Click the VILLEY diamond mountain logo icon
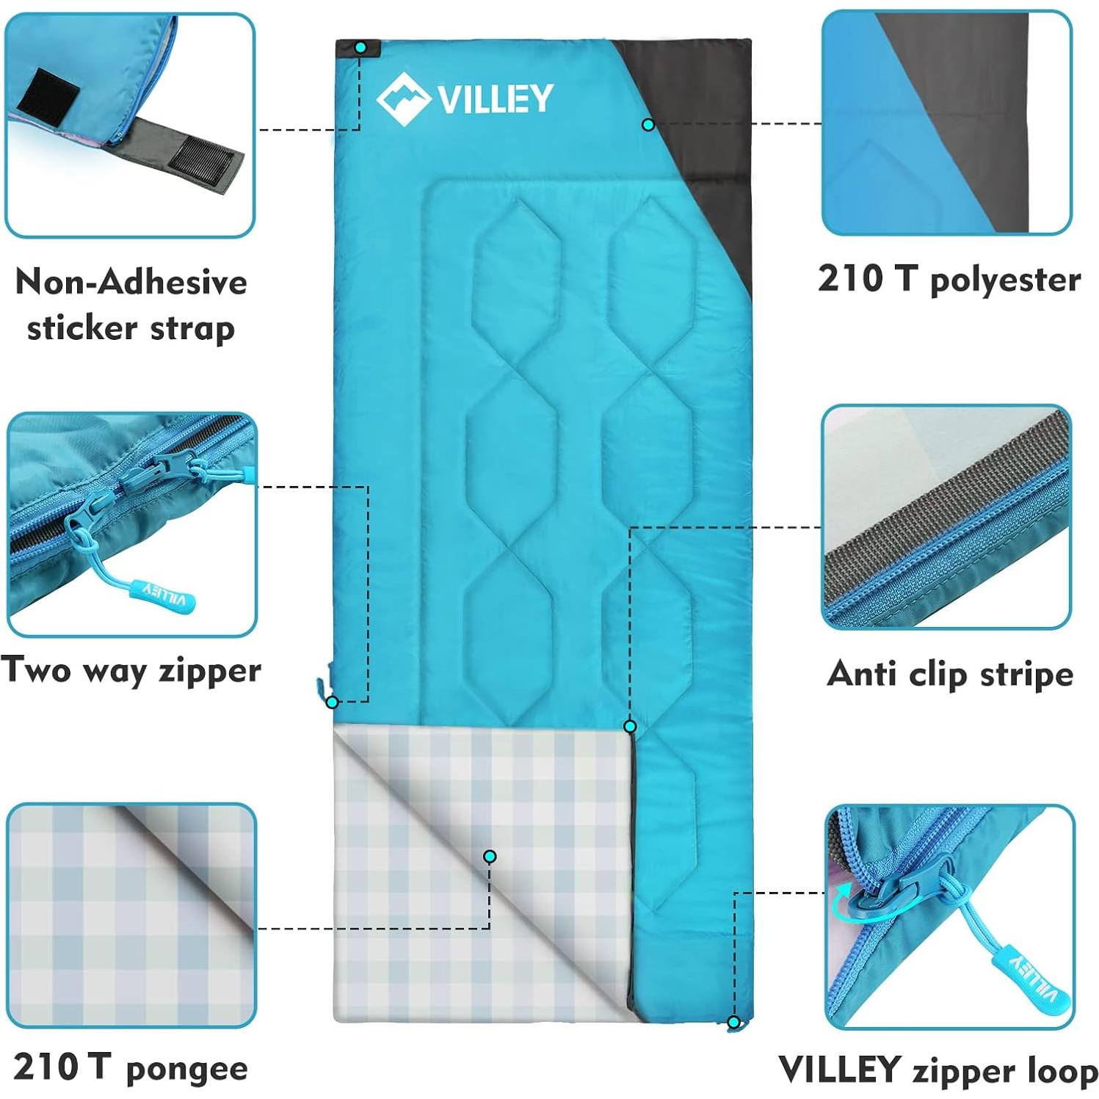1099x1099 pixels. [402, 99]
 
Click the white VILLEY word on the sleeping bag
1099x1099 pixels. [496, 99]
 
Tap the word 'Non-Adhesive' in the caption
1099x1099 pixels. [131, 283]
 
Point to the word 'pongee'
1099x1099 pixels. [187, 1070]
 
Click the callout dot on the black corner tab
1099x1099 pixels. [360, 48]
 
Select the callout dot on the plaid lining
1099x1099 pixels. [490, 856]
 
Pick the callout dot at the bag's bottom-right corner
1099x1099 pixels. [733, 1022]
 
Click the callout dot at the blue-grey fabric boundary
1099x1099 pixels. [648, 125]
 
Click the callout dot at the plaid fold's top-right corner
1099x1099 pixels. [630, 726]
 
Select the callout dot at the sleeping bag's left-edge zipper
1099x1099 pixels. [332, 703]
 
